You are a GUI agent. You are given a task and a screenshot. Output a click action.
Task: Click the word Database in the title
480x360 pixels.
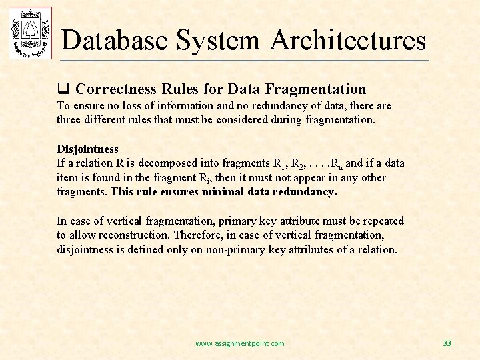(114, 40)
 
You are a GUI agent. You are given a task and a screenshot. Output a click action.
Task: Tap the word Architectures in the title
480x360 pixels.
(348, 40)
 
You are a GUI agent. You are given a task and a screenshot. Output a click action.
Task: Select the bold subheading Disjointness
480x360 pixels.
(87, 149)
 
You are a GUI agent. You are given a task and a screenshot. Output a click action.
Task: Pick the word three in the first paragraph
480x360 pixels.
(69, 120)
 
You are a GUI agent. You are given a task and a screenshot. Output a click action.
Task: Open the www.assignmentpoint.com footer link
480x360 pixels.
(239, 343)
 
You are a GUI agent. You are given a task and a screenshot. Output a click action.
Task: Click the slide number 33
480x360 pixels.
(447, 343)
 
